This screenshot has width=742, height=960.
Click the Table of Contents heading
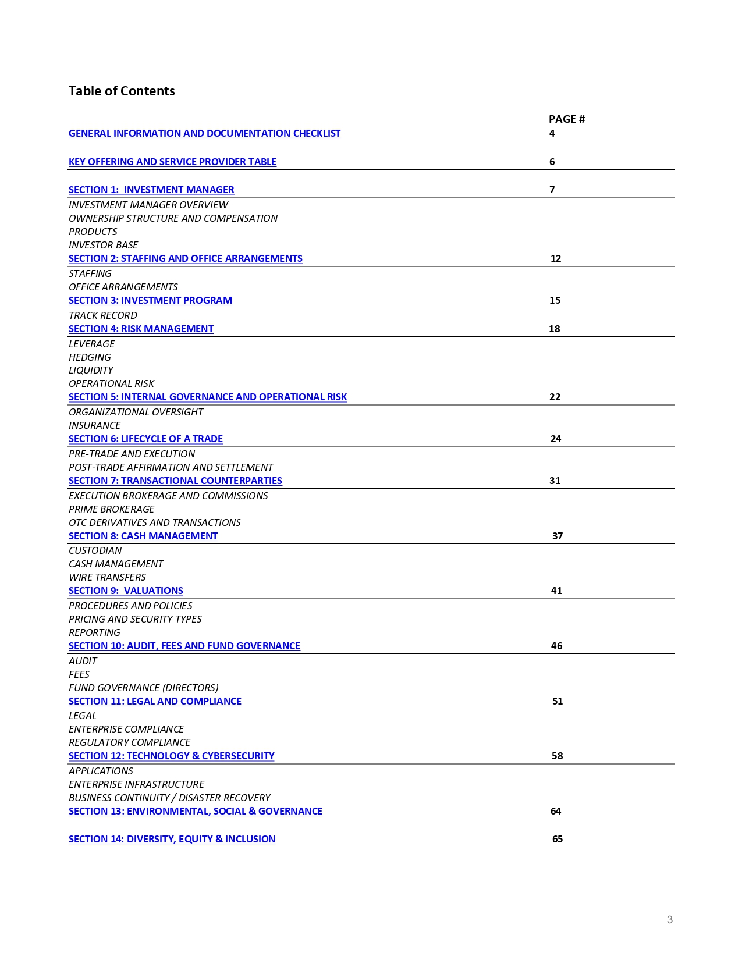(122, 91)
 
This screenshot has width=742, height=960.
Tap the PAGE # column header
(566, 119)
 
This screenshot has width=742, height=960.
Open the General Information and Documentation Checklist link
(204, 133)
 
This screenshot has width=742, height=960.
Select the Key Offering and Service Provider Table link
(172, 162)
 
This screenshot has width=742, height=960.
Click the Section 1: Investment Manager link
(151, 190)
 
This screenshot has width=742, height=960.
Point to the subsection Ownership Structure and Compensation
(173, 218)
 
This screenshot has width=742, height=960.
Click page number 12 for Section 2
(556, 258)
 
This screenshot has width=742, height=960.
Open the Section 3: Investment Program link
(150, 300)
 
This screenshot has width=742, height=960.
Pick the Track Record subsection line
(103, 315)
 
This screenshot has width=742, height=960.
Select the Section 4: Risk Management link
(141, 329)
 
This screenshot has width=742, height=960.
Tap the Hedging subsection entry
(90, 357)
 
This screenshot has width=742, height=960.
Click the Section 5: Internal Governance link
(208, 397)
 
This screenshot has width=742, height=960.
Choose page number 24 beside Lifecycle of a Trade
(556, 439)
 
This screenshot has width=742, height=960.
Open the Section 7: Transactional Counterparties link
(175, 481)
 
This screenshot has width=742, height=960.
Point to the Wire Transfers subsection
(107, 577)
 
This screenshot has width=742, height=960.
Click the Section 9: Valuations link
(126, 591)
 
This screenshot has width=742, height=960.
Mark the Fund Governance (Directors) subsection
(144, 688)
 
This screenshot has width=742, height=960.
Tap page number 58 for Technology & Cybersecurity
(557, 756)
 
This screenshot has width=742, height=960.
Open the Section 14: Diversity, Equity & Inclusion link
(172, 839)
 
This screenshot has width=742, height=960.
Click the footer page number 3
(670, 920)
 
